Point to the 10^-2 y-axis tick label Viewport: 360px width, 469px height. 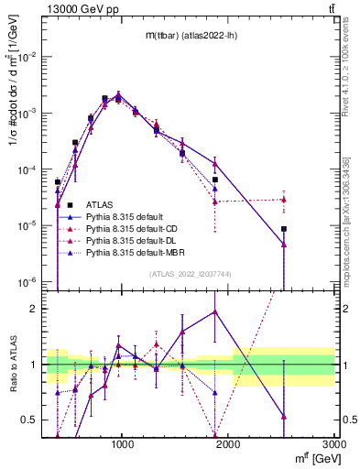click(30, 57)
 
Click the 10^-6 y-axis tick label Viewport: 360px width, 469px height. click(30, 281)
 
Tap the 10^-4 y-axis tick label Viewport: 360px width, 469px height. click(30, 169)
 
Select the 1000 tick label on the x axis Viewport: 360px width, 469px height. click(124, 443)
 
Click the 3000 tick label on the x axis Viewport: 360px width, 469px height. click(334, 443)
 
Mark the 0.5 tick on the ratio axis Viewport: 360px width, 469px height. click(32, 420)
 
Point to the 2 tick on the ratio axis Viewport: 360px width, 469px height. click(37, 309)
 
